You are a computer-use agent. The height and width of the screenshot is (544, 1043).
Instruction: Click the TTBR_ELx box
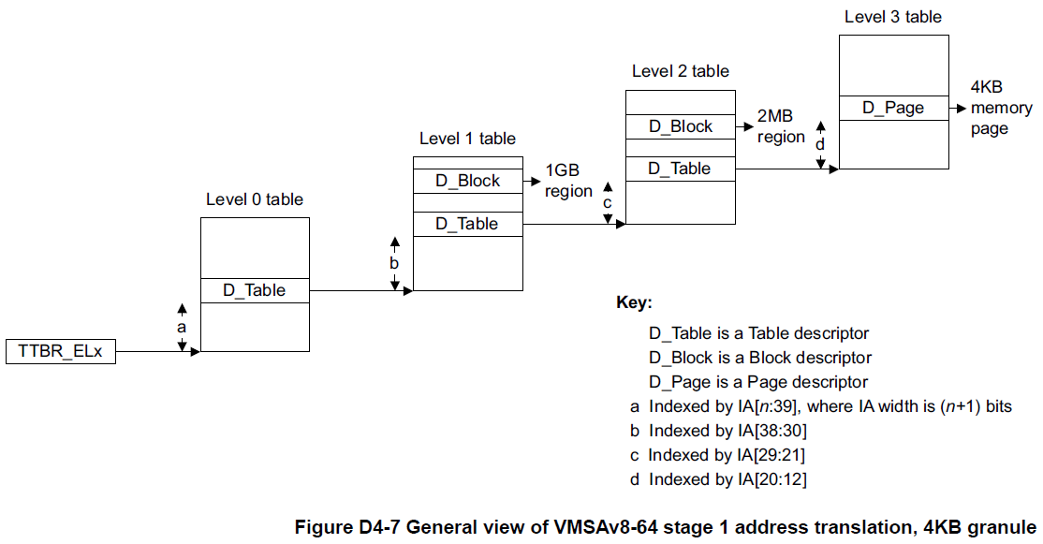(x=61, y=352)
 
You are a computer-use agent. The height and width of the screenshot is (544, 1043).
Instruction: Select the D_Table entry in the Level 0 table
(x=254, y=290)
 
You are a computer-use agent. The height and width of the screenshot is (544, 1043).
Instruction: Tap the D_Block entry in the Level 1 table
(x=467, y=181)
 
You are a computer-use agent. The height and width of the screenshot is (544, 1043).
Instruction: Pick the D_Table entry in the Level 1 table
(x=467, y=224)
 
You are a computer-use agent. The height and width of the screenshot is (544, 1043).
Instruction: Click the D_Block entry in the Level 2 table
(x=680, y=126)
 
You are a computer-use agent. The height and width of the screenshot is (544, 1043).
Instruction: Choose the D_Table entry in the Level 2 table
(x=680, y=169)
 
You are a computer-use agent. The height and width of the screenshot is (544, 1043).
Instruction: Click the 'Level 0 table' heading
(x=255, y=199)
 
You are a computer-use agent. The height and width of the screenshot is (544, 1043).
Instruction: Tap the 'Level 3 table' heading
(x=892, y=17)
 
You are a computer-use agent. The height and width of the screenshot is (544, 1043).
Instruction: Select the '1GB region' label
(x=568, y=181)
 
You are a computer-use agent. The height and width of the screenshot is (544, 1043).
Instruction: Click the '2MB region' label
(x=781, y=127)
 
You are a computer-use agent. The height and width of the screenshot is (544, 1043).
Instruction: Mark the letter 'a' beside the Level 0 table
(x=182, y=328)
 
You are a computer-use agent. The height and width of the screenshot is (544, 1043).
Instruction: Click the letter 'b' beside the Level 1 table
(x=394, y=264)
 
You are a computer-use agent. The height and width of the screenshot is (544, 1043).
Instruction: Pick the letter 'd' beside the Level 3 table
(x=820, y=144)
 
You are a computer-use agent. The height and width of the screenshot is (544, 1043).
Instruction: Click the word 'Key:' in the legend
(x=634, y=303)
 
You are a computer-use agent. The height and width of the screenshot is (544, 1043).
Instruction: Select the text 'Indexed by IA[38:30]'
(x=727, y=431)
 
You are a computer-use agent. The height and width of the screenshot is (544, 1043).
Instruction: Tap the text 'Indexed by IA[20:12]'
(x=727, y=479)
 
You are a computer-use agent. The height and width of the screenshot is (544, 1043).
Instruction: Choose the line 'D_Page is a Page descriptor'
(x=758, y=382)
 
